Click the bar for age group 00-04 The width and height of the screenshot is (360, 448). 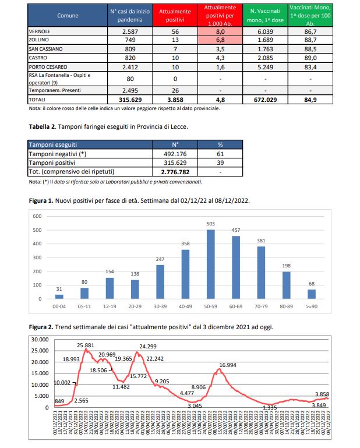[59, 297]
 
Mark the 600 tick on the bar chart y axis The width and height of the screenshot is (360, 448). [37, 216]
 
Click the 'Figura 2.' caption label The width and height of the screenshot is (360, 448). [41, 326]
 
